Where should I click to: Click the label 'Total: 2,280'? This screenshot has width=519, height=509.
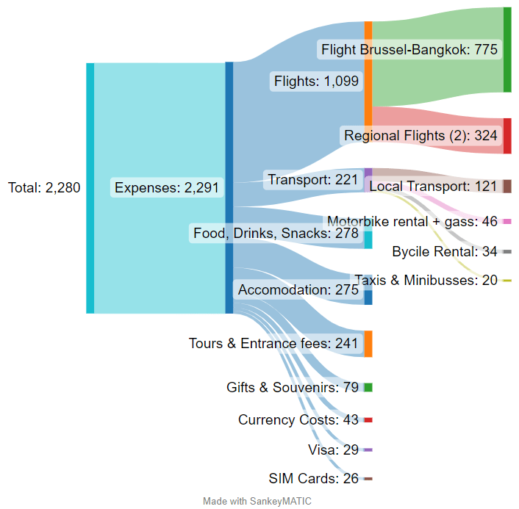pos(44,188)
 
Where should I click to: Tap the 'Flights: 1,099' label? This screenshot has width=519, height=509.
pos(316,81)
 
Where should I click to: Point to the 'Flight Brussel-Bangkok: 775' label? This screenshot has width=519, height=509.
pos(409,50)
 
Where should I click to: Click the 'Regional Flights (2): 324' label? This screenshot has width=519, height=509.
pos(420,135)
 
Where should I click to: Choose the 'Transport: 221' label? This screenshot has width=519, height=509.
pos(312,180)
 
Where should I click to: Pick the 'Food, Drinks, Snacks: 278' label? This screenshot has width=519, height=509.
pos(276,234)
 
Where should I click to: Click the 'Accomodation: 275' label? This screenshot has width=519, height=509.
pos(297,290)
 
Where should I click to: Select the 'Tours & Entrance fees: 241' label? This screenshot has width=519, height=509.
pos(273,343)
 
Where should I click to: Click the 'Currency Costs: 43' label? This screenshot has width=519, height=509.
pos(298,420)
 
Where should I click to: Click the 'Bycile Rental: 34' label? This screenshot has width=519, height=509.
pos(445,252)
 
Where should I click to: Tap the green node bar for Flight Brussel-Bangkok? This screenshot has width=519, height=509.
pos(507,50)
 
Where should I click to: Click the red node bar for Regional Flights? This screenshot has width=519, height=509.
pos(507,136)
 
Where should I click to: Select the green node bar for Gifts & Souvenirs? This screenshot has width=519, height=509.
pos(368,387)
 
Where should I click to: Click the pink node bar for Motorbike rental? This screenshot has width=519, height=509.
pos(507,221)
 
